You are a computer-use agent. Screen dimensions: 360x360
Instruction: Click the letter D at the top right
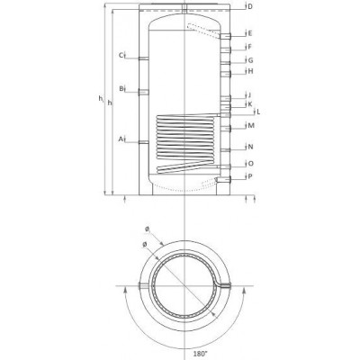coord(250,6)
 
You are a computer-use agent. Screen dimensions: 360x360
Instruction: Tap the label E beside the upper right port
coord(250,33)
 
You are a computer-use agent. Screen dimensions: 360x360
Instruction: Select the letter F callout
coord(249,47)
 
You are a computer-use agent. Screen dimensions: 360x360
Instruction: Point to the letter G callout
coord(250,60)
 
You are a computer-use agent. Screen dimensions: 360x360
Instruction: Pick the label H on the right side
coord(250,71)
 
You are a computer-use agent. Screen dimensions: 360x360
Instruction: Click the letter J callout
coord(249,95)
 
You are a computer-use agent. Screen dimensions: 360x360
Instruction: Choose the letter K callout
coord(250,104)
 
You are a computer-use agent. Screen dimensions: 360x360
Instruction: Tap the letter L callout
coord(258,112)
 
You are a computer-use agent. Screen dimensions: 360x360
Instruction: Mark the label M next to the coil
coord(251,126)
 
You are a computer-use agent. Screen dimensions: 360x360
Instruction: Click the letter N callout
coord(251,147)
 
